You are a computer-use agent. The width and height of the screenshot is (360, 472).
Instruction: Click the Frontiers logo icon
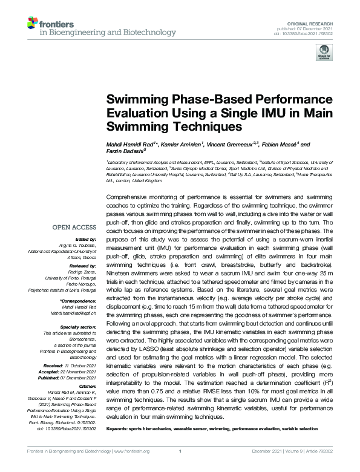tap(31, 24)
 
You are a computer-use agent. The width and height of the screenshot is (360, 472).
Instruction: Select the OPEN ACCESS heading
tap(74, 228)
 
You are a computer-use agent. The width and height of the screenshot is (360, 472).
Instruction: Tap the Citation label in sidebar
tap(87, 385)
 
